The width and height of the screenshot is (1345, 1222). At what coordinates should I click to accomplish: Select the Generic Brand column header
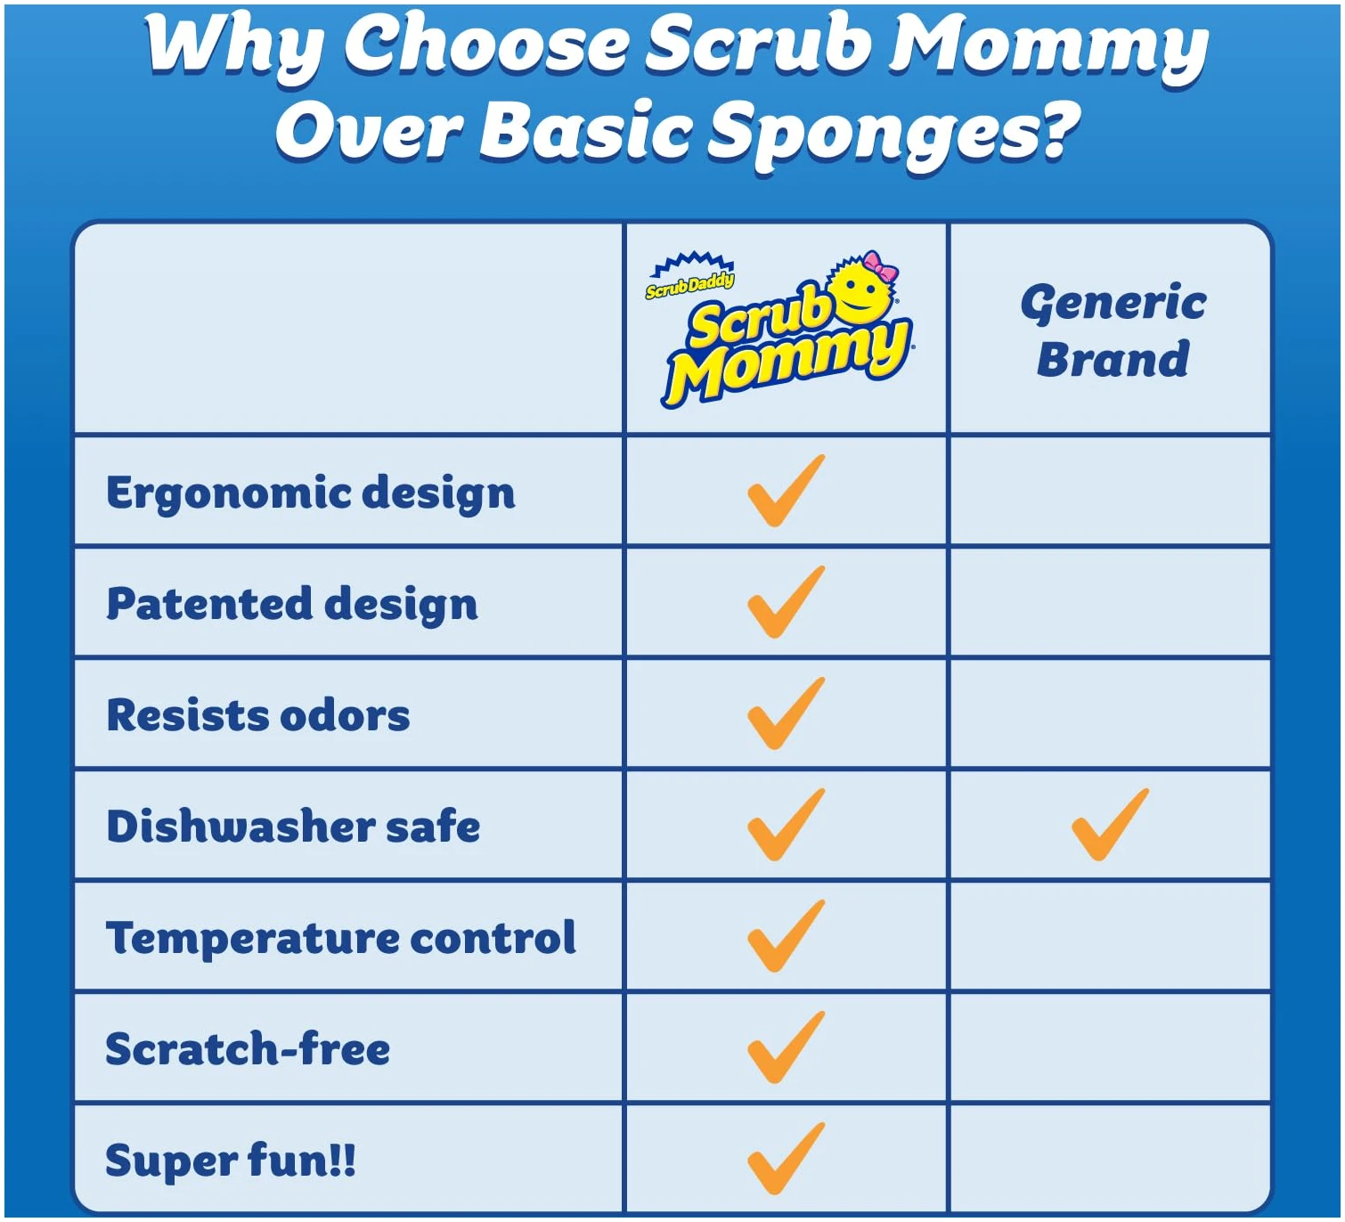[x=1113, y=330]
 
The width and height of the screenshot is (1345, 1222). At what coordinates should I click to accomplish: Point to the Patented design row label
[x=292, y=605]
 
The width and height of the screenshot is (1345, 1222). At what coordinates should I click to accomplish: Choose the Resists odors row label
[x=258, y=715]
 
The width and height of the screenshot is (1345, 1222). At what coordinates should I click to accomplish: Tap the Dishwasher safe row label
[x=293, y=826]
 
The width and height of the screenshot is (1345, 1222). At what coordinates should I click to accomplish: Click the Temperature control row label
[x=340, y=938]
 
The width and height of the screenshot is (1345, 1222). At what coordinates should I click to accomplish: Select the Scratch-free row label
[x=248, y=1048]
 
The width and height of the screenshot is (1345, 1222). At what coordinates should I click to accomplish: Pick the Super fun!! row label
[x=231, y=1161]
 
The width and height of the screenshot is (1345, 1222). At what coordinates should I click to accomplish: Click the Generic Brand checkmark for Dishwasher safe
[x=1111, y=824]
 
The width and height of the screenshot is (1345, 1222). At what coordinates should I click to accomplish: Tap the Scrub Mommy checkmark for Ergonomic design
[x=786, y=491]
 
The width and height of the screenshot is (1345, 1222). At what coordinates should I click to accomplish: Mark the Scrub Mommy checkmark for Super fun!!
[x=786, y=1158]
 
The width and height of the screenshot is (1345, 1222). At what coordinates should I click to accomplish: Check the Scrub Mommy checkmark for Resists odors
[x=786, y=713]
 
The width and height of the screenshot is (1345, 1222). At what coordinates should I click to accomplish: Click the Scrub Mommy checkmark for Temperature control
[x=786, y=935]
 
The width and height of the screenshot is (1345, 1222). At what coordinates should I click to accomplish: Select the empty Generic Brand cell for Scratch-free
[x=1111, y=1047]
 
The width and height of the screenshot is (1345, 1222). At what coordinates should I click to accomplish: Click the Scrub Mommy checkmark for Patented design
[x=786, y=602]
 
